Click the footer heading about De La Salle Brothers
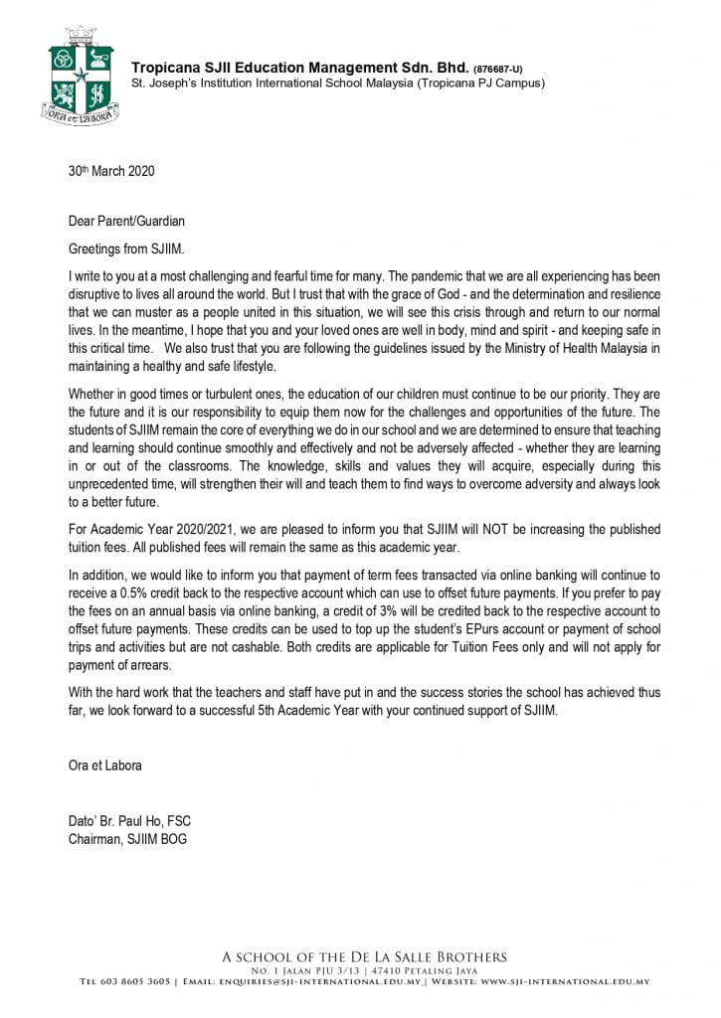click(364, 957)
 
